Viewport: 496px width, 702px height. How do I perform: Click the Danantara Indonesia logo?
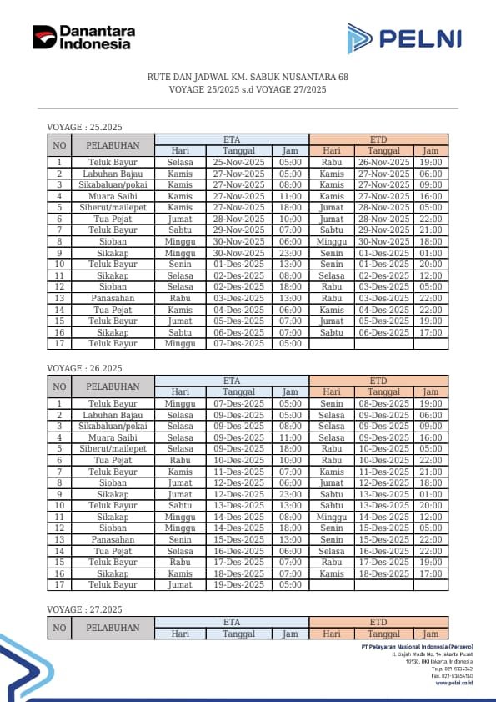(83, 38)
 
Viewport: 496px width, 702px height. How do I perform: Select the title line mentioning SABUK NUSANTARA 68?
(248, 77)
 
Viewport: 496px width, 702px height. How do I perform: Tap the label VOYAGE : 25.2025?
(84, 127)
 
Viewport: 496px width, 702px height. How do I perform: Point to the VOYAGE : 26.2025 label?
(84, 368)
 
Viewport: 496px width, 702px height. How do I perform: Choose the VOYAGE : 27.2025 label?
(84, 609)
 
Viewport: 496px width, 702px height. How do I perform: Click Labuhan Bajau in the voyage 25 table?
(113, 174)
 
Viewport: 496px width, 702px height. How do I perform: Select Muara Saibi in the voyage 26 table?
(113, 437)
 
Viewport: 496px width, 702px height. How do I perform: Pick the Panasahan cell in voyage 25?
(113, 298)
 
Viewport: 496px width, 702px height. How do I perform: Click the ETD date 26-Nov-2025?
(383, 162)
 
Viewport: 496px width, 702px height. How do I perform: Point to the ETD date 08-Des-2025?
(383, 403)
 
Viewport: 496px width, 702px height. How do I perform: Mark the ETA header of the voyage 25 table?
(232, 139)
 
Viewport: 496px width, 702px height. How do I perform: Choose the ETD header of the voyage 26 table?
(378, 381)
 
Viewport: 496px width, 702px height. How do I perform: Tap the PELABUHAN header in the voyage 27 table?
(113, 628)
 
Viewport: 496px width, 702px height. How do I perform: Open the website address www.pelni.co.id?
(453, 682)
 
